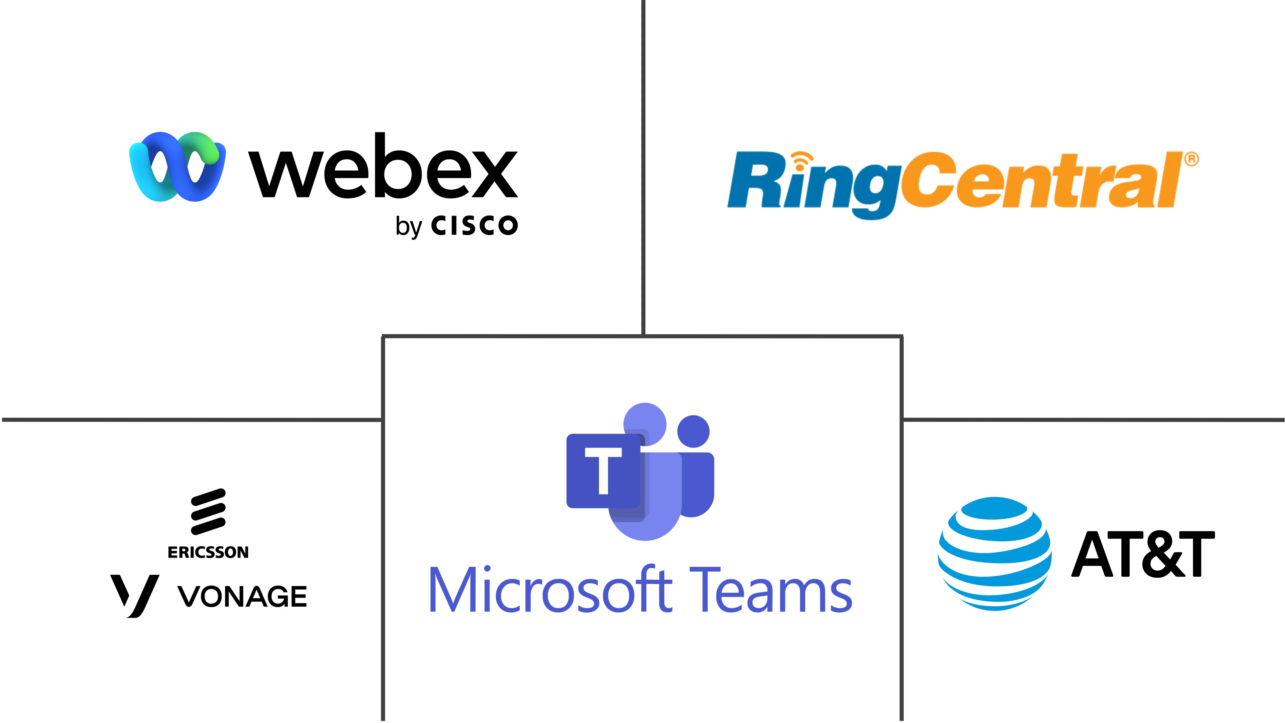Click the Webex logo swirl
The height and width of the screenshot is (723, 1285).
(x=177, y=167)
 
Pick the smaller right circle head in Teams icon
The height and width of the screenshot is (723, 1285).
(x=694, y=432)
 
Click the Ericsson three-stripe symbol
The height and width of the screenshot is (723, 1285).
(x=208, y=512)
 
